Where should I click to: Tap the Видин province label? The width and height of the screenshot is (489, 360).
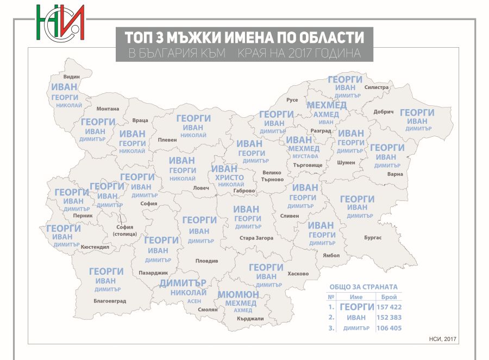(71, 78)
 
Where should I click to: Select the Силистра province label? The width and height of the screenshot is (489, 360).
(377, 87)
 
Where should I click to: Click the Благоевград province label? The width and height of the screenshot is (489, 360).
(110, 301)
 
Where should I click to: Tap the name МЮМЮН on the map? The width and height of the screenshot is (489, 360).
(238, 294)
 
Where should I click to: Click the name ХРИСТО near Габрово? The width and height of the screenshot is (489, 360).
(229, 178)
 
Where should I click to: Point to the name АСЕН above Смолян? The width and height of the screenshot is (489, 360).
(194, 301)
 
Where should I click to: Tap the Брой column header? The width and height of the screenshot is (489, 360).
(389, 297)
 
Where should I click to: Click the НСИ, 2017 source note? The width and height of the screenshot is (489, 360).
(446, 339)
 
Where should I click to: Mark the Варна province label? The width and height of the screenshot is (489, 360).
(396, 174)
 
